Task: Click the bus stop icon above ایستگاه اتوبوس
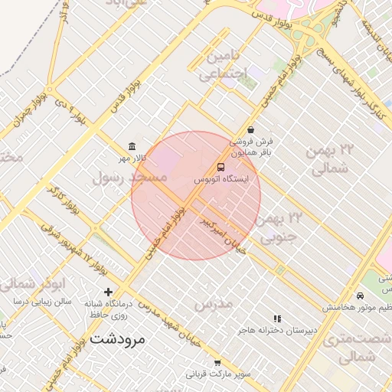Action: pyautogui.click(x=221, y=167)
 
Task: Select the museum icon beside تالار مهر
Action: pyautogui.click(x=133, y=146)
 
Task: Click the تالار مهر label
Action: pyautogui.click(x=130, y=158)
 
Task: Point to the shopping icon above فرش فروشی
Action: pyautogui.click(x=251, y=130)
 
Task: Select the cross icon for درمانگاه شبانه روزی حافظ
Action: pyautogui.click(x=108, y=292)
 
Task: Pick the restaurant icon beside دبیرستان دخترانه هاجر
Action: pyautogui.click(x=277, y=318)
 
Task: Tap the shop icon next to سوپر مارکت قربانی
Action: pyautogui.click(x=217, y=363)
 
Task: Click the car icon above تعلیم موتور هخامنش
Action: pyautogui.click(x=360, y=296)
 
